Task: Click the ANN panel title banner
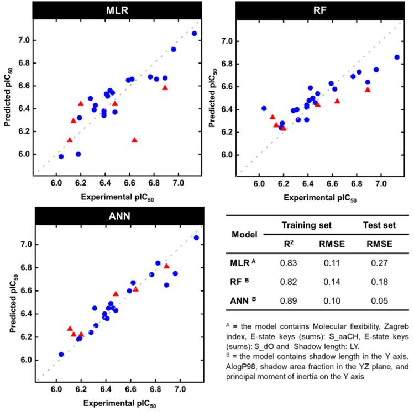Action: coord(116,216)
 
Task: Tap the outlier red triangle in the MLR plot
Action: coord(134,140)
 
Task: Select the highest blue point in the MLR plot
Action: coord(194,34)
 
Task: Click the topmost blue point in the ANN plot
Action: coord(196,238)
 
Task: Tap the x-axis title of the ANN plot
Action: coord(116,405)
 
